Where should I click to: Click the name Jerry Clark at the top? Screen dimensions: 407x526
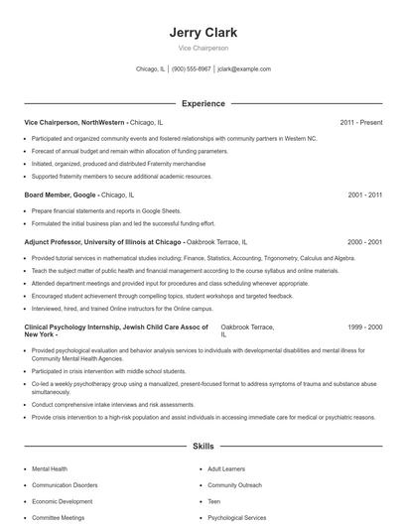click(203, 32)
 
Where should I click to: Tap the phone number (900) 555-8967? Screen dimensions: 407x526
click(192, 69)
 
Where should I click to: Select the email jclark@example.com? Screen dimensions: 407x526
click(244, 69)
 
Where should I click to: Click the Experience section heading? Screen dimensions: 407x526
click(203, 103)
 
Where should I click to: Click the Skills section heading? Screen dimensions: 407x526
click(203, 448)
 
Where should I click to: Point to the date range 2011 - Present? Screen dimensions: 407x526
click(360, 122)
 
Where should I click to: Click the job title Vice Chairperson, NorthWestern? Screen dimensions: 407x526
click(74, 122)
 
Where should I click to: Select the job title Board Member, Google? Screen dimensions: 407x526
click(60, 196)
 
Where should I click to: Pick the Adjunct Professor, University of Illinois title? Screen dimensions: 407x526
click(102, 241)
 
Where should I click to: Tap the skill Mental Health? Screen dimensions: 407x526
click(50, 468)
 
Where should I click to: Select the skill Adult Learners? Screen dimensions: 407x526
click(227, 468)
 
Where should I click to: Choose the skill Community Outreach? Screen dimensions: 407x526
click(234, 485)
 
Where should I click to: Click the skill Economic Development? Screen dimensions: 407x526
click(62, 501)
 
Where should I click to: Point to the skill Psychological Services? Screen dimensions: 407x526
click(236, 517)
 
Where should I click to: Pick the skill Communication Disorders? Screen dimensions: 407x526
click(65, 485)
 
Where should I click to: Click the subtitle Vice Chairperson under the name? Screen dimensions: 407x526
click(203, 49)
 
